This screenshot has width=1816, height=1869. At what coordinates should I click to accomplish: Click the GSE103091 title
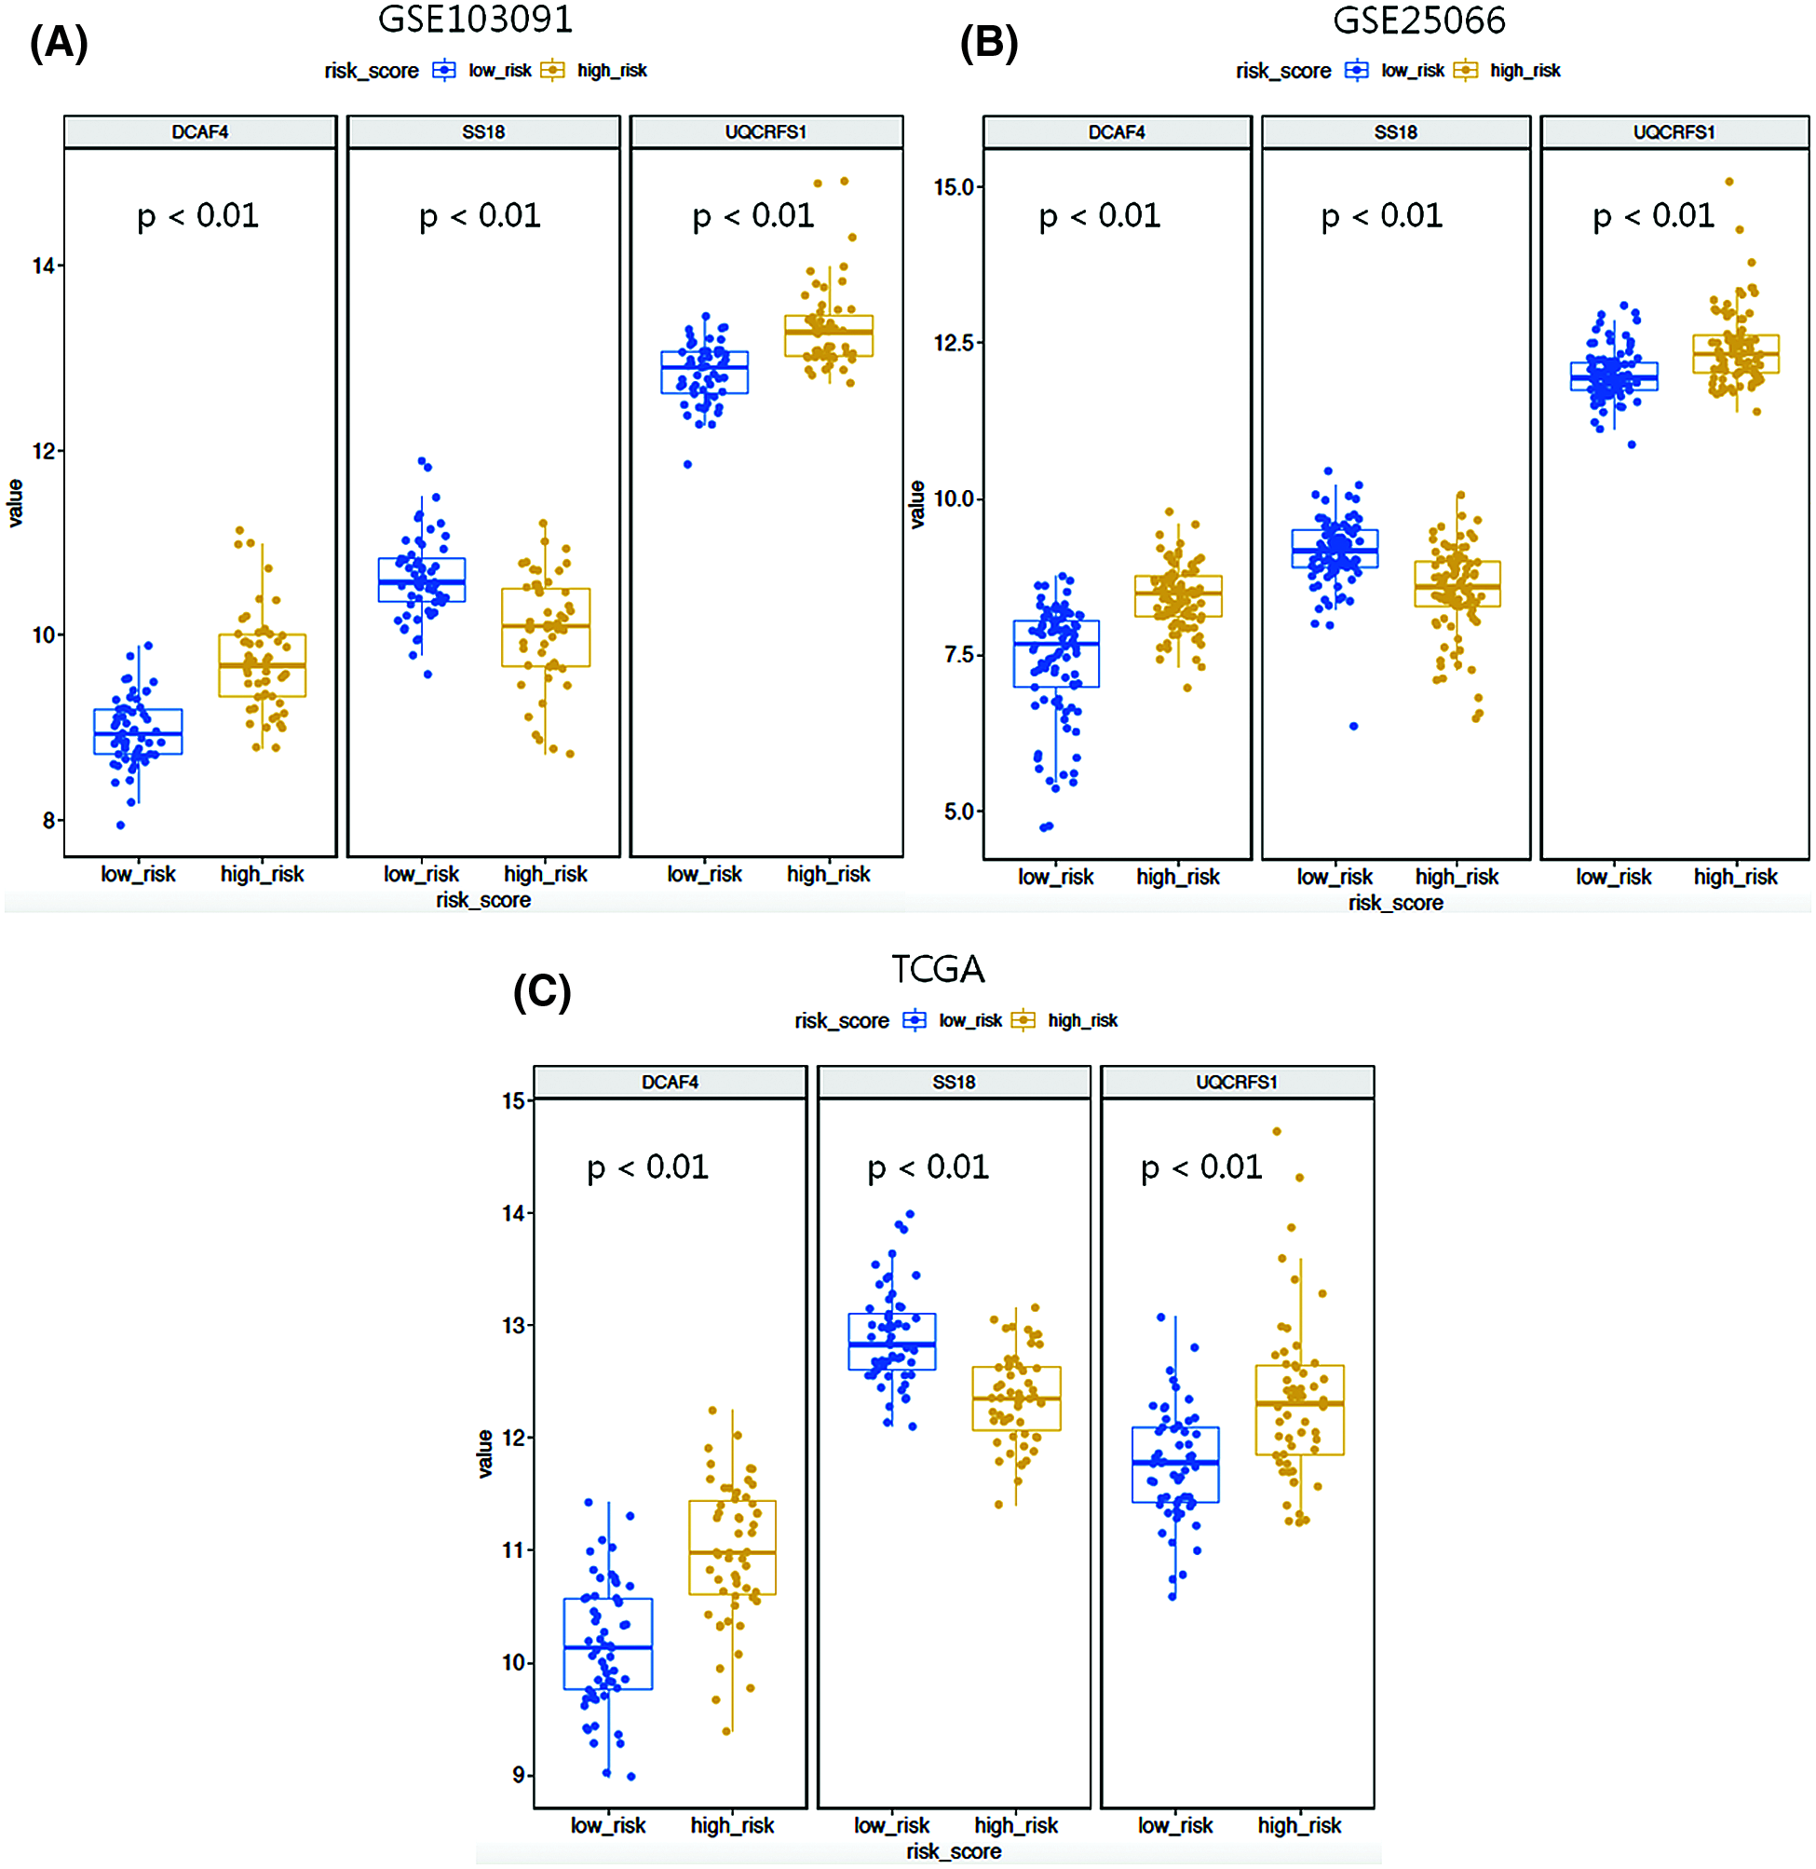(x=475, y=19)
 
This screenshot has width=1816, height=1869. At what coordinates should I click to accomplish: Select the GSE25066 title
(x=1418, y=20)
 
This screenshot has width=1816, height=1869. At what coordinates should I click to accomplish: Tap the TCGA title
(x=938, y=969)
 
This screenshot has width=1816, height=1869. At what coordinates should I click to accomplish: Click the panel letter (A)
(x=58, y=43)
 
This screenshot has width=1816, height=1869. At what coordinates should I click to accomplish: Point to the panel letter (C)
(x=542, y=992)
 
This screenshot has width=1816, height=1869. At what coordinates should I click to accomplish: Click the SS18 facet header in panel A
(x=483, y=131)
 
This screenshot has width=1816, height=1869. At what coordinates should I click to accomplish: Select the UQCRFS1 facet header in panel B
(x=1674, y=131)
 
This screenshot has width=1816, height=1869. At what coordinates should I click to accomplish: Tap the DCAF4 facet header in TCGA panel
(x=670, y=1082)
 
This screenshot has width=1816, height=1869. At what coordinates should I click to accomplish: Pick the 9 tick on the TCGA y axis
(x=519, y=1776)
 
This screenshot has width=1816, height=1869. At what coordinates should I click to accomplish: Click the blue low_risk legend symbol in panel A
(x=444, y=70)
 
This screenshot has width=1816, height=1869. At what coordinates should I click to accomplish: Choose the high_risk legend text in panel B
(x=1525, y=71)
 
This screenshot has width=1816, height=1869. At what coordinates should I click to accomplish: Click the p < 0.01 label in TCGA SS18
(x=928, y=1167)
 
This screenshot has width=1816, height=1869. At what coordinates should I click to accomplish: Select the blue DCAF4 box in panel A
(x=139, y=731)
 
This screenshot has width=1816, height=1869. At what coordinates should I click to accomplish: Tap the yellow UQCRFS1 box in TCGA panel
(x=1299, y=1410)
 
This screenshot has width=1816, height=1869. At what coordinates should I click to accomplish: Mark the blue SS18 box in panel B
(x=1335, y=549)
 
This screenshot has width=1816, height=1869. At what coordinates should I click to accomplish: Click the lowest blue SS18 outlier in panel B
(x=1353, y=726)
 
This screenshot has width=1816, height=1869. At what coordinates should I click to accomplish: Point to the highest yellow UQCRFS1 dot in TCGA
(x=1277, y=1131)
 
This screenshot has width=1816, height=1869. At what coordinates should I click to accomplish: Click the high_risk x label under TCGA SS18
(x=1016, y=1825)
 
